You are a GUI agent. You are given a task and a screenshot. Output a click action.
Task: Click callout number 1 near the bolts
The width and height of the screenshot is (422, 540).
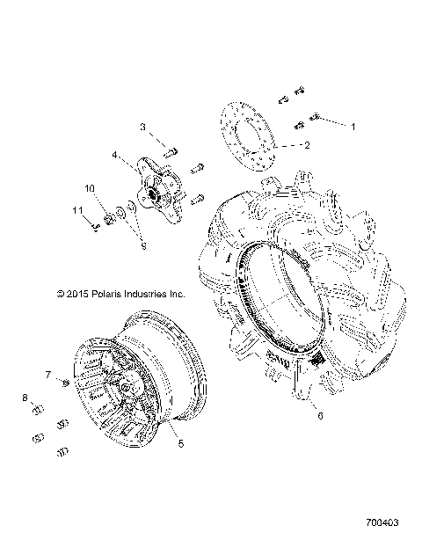[x=354, y=127]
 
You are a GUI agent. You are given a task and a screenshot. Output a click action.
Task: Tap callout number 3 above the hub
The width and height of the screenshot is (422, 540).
[x=142, y=128]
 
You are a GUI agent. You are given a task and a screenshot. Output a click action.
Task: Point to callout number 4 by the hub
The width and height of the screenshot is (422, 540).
[x=114, y=155]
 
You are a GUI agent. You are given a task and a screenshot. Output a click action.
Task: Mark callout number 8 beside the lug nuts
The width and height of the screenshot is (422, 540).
[x=25, y=398]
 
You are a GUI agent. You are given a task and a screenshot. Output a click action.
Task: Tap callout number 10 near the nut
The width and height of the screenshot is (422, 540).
[x=90, y=188]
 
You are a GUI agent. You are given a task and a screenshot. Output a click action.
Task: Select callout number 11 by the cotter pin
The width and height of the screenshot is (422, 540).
[x=76, y=210]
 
